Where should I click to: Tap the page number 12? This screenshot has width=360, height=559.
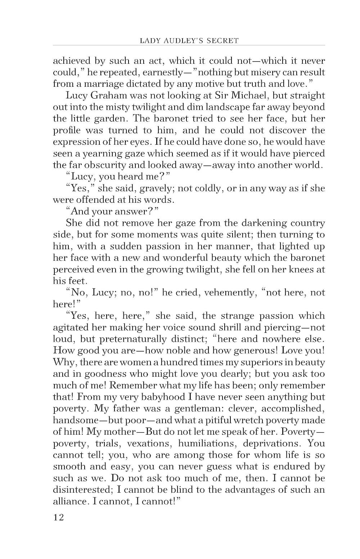[58, 518]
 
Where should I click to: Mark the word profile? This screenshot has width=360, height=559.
[67, 130]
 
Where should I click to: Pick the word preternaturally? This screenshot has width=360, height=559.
[148, 339]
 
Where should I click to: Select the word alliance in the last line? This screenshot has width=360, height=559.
[69, 501]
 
